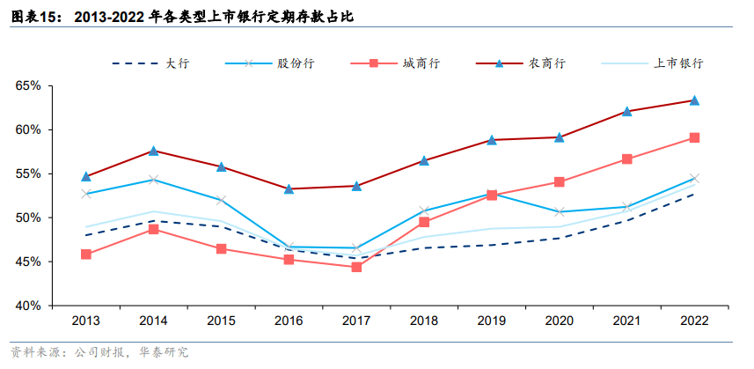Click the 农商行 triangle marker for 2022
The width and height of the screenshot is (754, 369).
pyautogui.click(x=694, y=100)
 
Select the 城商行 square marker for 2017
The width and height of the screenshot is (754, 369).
pyautogui.click(x=356, y=267)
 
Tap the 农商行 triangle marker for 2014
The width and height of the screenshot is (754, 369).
pyautogui.click(x=153, y=151)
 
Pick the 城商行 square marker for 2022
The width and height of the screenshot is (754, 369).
pyautogui.click(x=694, y=137)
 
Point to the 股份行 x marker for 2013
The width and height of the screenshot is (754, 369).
pyautogui.click(x=85, y=194)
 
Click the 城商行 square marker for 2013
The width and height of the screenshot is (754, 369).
pyautogui.click(x=85, y=255)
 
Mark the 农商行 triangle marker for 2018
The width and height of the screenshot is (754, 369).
pyautogui.click(x=424, y=160)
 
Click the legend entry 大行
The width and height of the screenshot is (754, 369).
pyautogui.click(x=177, y=63)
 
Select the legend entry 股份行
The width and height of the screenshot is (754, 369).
pyautogui.click(x=295, y=63)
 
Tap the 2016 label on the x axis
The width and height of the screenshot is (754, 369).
pyautogui.click(x=289, y=322)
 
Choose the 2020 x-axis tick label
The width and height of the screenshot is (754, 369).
pyautogui.click(x=559, y=322)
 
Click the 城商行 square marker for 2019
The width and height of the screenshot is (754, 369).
pyautogui.click(x=492, y=195)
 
